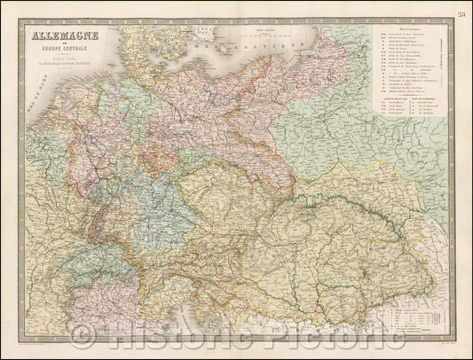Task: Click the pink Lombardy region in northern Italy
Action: (x=124, y=301)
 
